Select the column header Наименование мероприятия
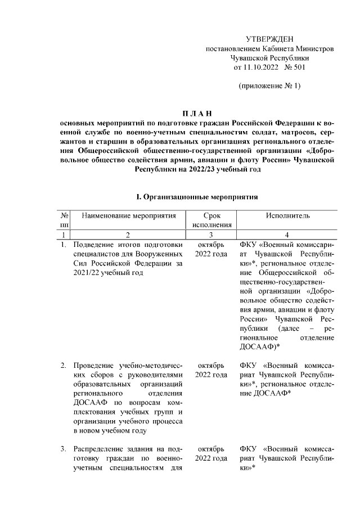pos(129,215)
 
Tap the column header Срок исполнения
pos(211,220)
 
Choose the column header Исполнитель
pos(287,215)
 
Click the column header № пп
pos(65,220)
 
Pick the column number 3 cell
pos(211,235)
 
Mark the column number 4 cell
pos(287,235)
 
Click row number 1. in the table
pos(64,245)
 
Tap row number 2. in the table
pos(64,366)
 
